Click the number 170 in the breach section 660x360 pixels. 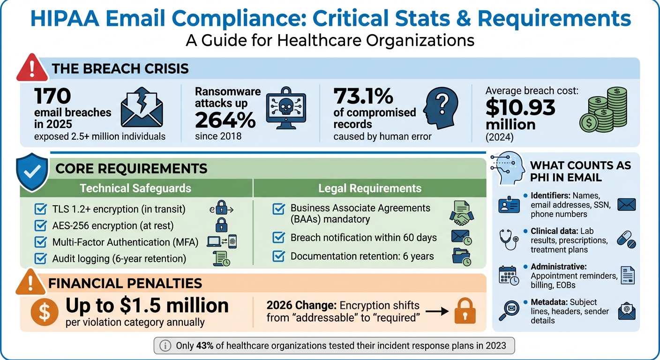(x=52, y=97)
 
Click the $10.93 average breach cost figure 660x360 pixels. (x=520, y=108)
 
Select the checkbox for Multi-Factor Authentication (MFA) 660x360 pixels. (x=41, y=242)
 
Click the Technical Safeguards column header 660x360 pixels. (x=135, y=188)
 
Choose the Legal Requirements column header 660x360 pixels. (x=370, y=188)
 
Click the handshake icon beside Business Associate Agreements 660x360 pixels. (x=461, y=213)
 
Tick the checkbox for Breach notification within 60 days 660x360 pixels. (x=278, y=238)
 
